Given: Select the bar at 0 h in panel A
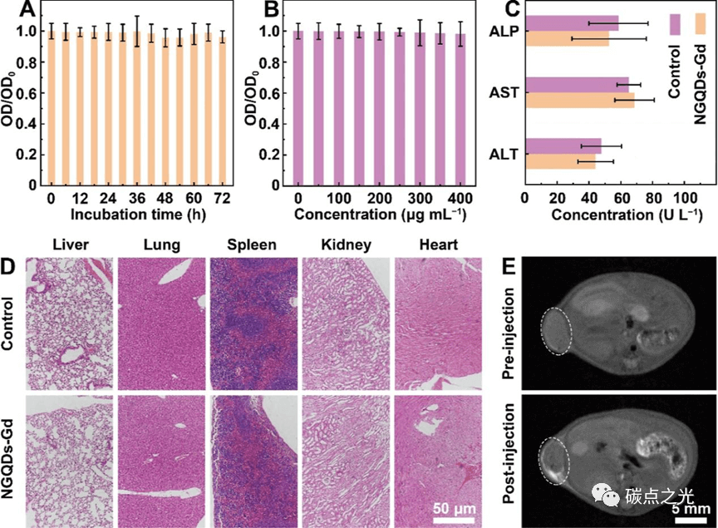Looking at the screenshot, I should (x=51, y=108).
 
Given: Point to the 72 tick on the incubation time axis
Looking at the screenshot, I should (x=222, y=200).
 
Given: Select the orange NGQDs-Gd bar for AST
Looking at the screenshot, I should (x=579, y=100).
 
